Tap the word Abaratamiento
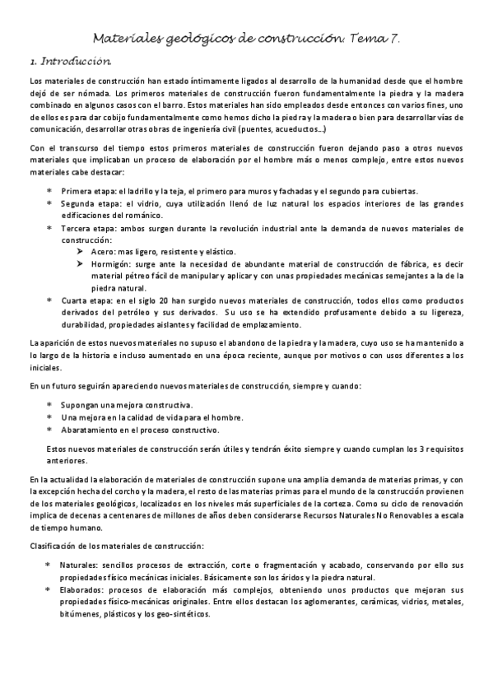[91, 430]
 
